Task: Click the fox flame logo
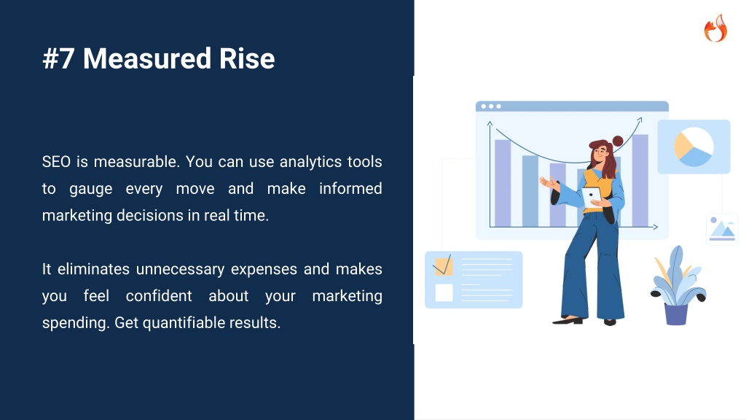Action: click(x=715, y=28)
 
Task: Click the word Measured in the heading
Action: click(x=147, y=58)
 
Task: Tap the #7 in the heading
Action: click(x=58, y=58)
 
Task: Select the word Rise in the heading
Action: click(x=247, y=58)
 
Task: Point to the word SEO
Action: click(x=56, y=162)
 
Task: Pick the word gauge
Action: click(x=91, y=190)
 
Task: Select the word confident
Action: click(x=159, y=296)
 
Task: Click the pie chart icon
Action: click(x=694, y=147)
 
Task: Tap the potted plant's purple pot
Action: click(x=676, y=314)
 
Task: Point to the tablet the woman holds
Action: click(x=592, y=196)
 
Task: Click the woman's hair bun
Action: click(x=618, y=141)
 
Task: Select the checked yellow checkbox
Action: click(x=443, y=265)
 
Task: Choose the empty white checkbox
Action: click(x=444, y=292)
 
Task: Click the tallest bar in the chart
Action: click(x=640, y=181)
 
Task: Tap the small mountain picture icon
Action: click(x=722, y=229)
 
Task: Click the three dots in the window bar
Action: click(x=491, y=106)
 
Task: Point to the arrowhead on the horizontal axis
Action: click(x=655, y=227)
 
